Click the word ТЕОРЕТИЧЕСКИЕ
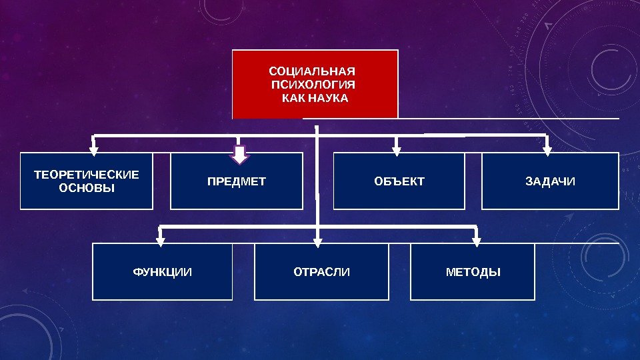point(87,175)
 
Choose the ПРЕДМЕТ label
point(236,181)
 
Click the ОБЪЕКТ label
point(399,181)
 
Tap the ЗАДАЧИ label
point(550,181)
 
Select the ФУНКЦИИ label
point(162,272)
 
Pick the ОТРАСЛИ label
point(321,272)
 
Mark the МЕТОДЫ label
point(473,272)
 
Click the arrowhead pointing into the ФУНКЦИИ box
point(160,241)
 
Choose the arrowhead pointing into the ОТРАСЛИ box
point(318,241)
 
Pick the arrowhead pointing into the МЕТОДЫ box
point(476,241)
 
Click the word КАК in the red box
point(293,99)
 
